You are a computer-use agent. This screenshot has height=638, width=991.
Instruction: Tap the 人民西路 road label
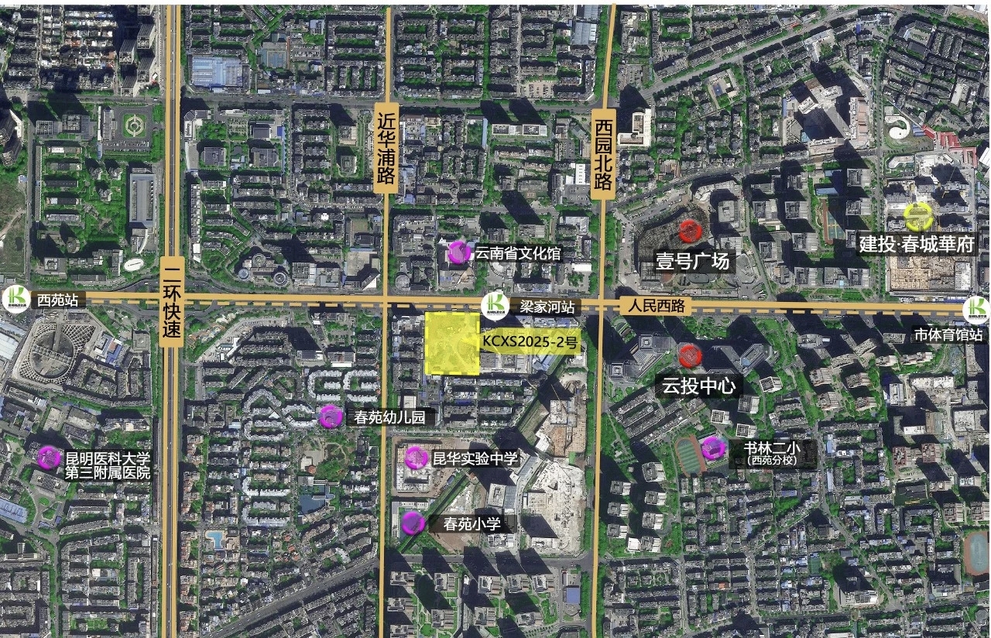(x=653, y=306)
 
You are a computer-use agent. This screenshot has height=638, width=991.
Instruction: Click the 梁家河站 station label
(x=547, y=307)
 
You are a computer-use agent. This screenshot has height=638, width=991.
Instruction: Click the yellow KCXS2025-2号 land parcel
(x=452, y=344)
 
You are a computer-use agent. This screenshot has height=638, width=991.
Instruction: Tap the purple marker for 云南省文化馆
(x=458, y=252)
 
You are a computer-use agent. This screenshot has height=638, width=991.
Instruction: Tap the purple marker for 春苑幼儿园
(x=330, y=417)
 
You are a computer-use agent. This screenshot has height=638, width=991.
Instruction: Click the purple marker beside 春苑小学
(x=413, y=523)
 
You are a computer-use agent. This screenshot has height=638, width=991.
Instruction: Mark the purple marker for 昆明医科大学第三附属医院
(x=49, y=458)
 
